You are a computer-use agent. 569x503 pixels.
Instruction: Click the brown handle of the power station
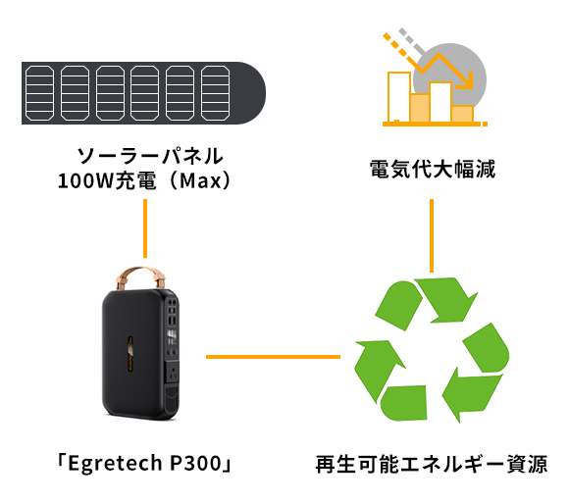141,272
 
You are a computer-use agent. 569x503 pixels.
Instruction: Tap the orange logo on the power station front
130,354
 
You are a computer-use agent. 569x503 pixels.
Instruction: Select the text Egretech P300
144,463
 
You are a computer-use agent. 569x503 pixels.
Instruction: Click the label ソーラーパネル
150,156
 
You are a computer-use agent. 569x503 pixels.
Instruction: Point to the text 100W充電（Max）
144,180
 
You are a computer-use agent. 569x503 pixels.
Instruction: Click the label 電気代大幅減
433,169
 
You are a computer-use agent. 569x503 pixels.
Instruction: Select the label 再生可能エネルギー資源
432,464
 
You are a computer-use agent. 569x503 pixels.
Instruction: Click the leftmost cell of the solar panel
39,93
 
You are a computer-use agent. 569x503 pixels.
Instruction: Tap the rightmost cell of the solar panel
215,93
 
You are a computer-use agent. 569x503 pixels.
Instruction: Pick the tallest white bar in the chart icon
399,97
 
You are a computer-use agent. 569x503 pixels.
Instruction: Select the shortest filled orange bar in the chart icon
463,114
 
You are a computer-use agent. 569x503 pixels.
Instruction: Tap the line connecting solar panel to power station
145,228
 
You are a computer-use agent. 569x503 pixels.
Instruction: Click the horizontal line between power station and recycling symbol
274,357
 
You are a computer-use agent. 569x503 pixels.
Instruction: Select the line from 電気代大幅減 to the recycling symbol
432,235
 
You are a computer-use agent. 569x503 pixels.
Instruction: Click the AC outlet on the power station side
174,373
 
